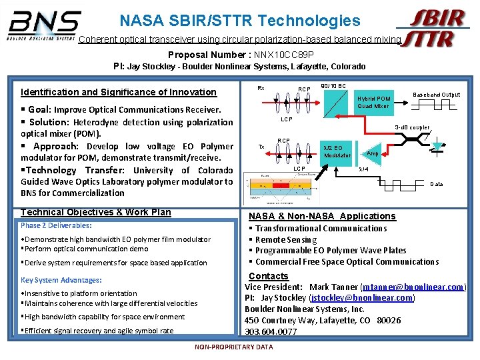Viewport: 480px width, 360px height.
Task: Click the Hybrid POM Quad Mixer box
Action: (x=373, y=102)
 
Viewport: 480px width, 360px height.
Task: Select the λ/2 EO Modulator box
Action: (x=337, y=151)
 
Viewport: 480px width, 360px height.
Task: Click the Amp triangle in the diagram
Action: (x=371, y=153)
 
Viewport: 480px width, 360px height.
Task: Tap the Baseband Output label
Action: (x=437, y=95)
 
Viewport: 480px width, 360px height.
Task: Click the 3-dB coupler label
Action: (x=411, y=127)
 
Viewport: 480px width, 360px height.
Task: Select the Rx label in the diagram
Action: (x=261, y=87)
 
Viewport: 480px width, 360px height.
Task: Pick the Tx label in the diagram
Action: (x=261, y=147)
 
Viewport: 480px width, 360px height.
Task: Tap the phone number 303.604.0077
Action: (x=271, y=331)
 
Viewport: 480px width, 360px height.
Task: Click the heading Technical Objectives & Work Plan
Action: (x=96, y=212)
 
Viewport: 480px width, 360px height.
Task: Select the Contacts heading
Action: (x=268, y=276)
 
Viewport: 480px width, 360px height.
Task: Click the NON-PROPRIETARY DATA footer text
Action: (x=233, y=347)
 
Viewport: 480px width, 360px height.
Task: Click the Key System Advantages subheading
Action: (x=61, y=280)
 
